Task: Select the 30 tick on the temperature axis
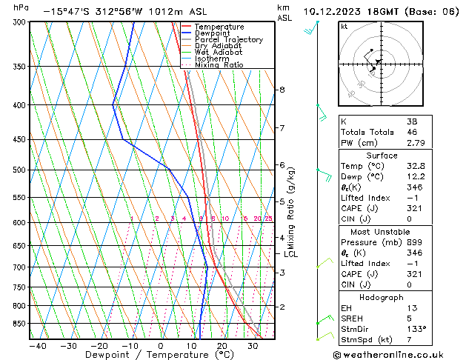pos(252,346)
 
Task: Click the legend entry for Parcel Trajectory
pos(228,40)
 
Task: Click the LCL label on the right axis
pos(290,254)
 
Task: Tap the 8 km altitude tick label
pos(282,90)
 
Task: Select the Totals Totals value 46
pos(412,132)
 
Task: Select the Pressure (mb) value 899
pos(415,242)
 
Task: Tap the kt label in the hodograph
pos(344,27)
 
